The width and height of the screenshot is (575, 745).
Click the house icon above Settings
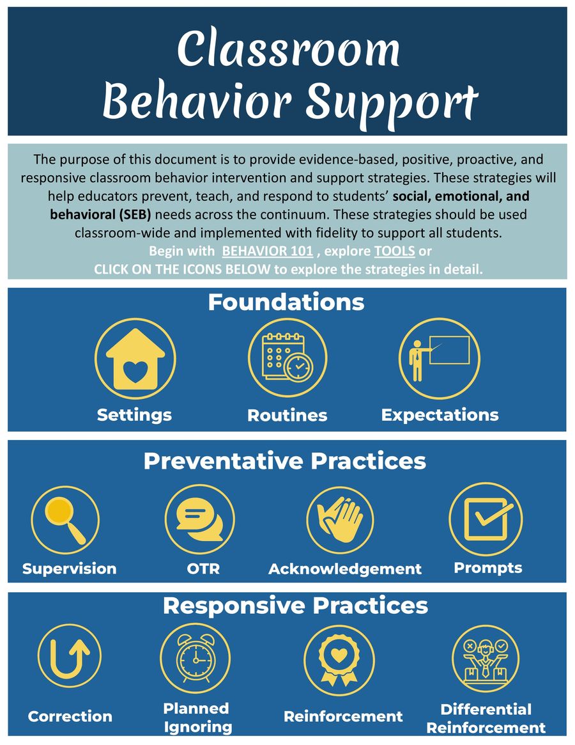point(135,359)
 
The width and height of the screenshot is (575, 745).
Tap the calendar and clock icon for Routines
point(287,357)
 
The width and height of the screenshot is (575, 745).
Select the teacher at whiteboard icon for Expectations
point(439,357)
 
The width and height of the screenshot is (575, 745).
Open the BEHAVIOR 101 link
point(267,251)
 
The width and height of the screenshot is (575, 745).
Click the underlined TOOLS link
point(395,251)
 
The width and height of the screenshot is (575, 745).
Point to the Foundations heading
point(286,302)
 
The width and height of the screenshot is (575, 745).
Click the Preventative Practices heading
point(284,461)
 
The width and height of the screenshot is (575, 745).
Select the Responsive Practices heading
point(295,606)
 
